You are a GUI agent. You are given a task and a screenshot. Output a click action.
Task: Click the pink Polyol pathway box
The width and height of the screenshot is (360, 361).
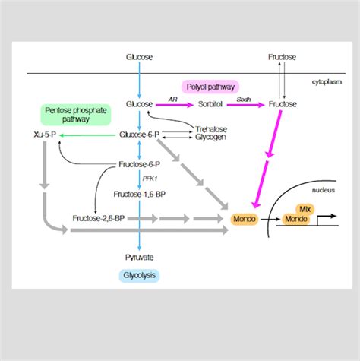209,87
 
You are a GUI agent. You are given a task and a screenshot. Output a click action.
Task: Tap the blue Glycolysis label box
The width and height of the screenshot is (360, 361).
140,275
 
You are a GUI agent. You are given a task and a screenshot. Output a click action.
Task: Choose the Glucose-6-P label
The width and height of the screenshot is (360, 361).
140,135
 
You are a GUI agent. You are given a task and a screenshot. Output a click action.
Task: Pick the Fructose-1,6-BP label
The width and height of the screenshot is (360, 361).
140,194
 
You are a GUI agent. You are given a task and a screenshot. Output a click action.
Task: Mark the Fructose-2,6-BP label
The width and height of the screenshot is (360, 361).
96,219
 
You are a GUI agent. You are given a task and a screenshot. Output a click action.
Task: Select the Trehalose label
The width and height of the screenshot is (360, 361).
211,129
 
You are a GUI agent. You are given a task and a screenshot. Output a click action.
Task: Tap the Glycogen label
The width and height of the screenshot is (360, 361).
210,138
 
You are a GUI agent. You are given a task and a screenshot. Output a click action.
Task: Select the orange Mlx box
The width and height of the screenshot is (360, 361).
305,207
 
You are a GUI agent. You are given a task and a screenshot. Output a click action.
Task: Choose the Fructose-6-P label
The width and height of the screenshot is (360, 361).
140,164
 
